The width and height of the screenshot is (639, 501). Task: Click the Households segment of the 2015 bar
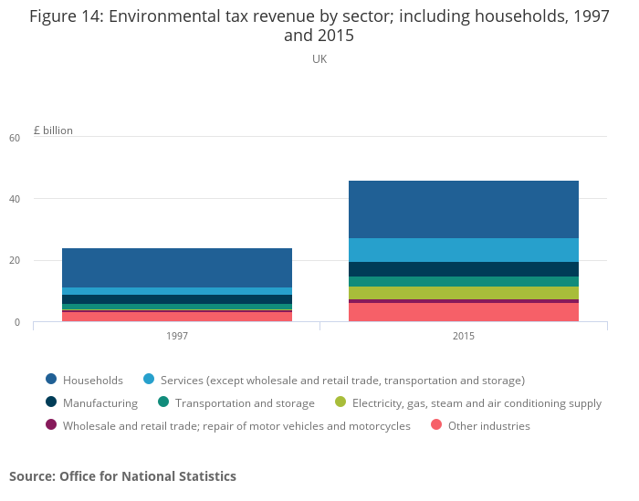click(463, 209)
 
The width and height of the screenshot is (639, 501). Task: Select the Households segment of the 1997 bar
click(177, 267)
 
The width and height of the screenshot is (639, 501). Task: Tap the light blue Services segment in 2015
click(463, 250)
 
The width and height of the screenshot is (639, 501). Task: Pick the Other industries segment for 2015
click(463, 312)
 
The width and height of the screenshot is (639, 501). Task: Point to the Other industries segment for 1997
click(177, 317)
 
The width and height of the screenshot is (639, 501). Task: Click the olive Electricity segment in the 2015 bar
click(463, 293)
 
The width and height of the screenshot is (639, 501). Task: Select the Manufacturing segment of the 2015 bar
click(463, 269)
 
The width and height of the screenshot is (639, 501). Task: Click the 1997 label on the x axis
click(177, 336)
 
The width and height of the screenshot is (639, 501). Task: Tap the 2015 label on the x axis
click(463, 336)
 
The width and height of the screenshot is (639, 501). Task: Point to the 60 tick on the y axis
click(14, 138)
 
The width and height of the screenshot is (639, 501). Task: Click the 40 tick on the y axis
click(14, 199)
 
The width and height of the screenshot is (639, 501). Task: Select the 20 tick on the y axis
click(14, 261)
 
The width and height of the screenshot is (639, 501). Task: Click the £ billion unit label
click(53, 130)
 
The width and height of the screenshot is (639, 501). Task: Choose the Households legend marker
click(51, 380)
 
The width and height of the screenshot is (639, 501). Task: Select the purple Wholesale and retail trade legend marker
click(51, 425)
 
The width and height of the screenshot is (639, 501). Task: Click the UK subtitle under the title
click(319, 59)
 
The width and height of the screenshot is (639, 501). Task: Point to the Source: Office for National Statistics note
click(122, 476)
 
